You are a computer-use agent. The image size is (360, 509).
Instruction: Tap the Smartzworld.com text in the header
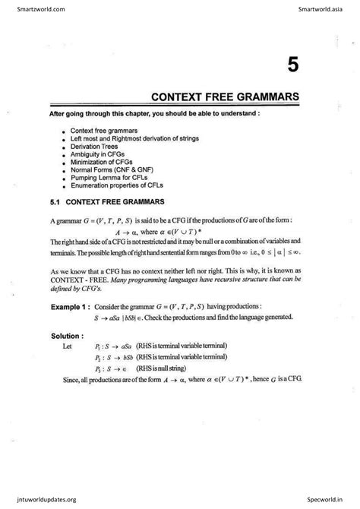(27, 8)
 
